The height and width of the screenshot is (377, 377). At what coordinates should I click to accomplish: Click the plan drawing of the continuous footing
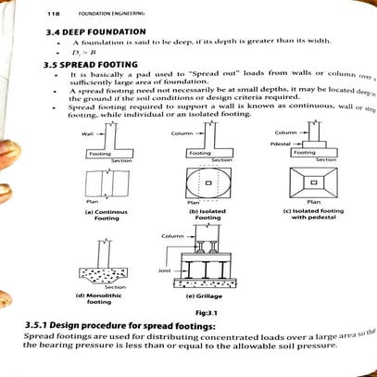coord(103,184)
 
